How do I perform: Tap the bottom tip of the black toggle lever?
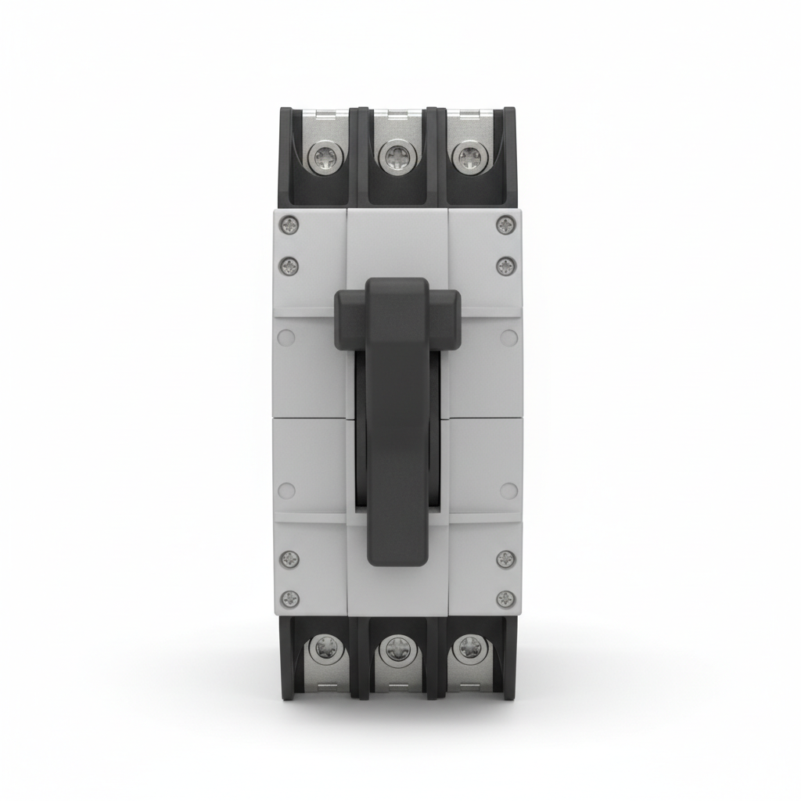tap(397, 551)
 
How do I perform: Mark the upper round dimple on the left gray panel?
tap(287, 338)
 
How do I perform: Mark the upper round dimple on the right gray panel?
tap(508, 338)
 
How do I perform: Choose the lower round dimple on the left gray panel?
tap(287, 490)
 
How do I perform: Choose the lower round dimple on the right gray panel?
tap(508, 490)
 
